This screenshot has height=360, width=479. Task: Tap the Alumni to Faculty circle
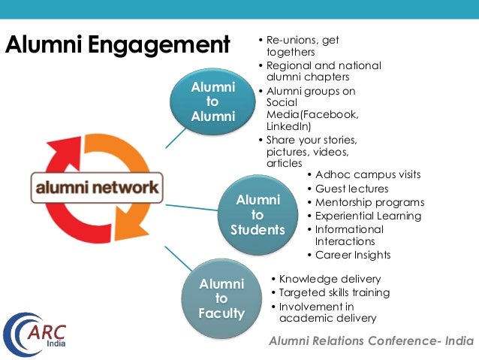point(221,298)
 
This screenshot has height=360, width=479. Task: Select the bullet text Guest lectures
point(351,189)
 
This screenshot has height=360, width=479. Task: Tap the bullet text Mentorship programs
point(369,202)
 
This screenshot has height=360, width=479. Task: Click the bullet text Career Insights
point(352,256)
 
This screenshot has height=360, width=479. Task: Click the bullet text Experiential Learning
point(368,216)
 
